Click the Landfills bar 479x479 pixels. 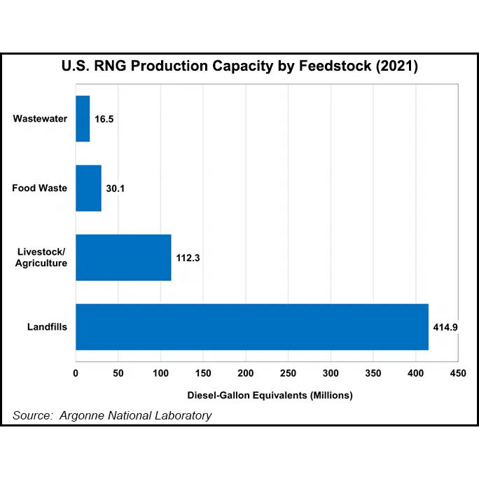click(252, 326)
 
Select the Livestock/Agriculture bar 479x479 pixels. click(123, 257)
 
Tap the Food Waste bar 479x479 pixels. click(88, 188)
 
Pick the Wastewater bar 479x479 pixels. click(83, 118)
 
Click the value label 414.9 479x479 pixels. click(445, 327)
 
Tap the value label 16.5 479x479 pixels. click(104, 119)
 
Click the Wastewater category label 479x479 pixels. click(40, 118)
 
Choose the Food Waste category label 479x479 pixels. click(40, 188)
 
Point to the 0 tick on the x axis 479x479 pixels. click(76, 373)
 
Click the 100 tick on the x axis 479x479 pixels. click(160, 373)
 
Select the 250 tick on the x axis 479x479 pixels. click(288, 373)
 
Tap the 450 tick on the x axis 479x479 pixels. click(458, 373)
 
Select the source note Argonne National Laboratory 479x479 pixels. click(112, 415)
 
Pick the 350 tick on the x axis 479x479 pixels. click(373, 373)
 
